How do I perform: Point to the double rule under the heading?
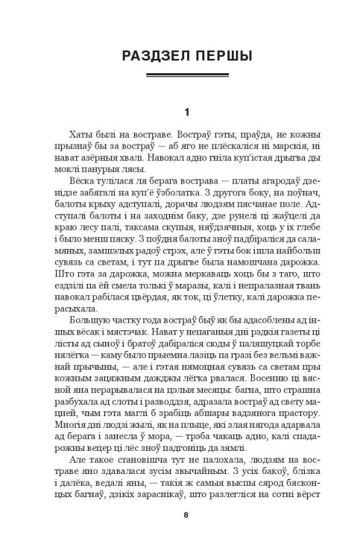click(x=180, y=78)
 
